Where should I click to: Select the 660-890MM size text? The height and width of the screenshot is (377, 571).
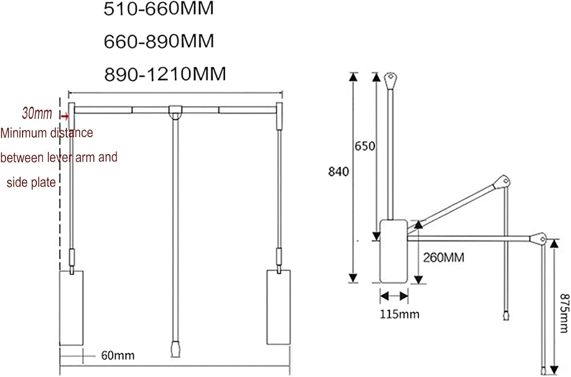(x=159, y=41)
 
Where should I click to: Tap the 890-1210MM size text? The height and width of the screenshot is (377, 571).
(x=165, y=74)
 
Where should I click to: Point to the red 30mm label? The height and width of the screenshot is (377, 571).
(x=37, y=113)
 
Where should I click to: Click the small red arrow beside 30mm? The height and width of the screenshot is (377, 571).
(x=65, y=116)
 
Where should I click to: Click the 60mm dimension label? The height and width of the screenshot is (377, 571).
(x=118, y=356)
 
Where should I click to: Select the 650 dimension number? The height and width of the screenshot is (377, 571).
(x=365, y=146)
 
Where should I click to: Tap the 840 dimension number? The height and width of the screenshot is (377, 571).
(x=338, y=172)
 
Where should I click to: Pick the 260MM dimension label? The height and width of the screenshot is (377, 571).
(x=443, y=258)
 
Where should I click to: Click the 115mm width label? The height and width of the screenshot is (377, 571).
(x=399, y=315)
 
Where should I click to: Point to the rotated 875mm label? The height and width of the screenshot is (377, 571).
(x=564, y=313)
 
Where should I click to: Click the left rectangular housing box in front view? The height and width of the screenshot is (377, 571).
(x=72, y=308)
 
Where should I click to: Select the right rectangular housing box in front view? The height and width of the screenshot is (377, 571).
(x=278, y=307)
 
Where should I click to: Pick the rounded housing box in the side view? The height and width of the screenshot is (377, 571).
(x=394, y=251)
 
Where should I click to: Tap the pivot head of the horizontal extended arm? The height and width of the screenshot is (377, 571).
(x=538, y=239)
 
